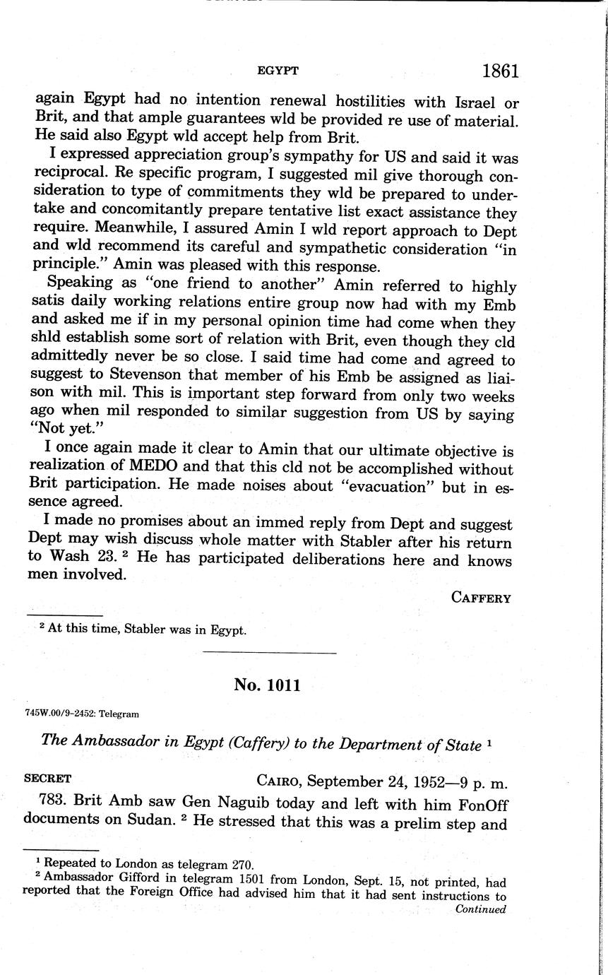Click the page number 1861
coord(501,71)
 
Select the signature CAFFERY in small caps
coord(480,598)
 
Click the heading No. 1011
coord(268,685)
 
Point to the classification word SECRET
coord(47,779)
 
